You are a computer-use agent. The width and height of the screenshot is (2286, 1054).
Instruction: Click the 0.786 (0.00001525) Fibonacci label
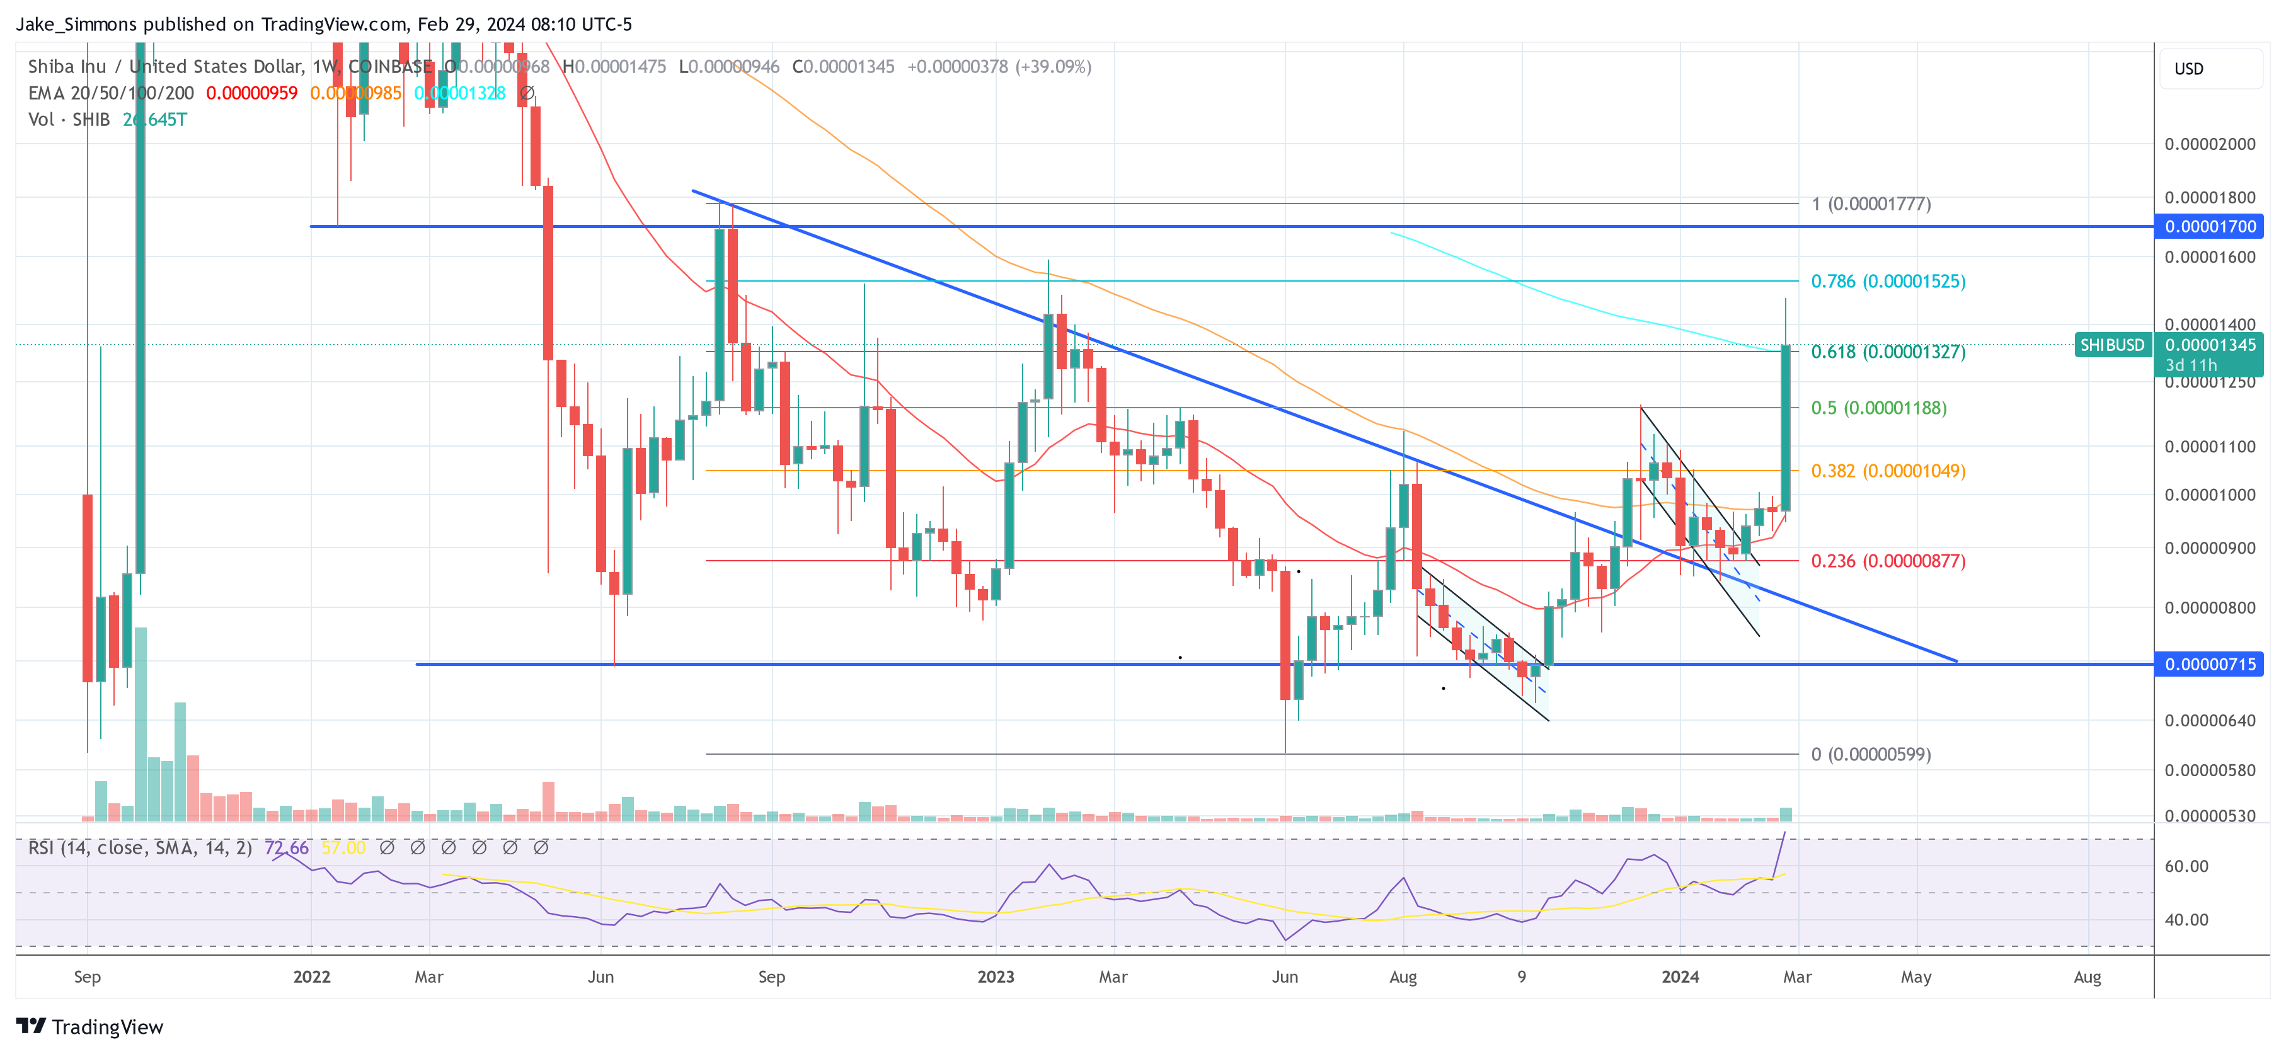1888,281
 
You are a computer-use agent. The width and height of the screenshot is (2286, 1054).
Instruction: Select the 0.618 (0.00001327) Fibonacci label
1888,352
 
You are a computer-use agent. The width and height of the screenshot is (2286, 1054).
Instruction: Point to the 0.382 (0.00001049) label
1888,471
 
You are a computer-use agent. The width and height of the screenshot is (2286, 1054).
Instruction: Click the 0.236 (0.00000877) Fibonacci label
1888,561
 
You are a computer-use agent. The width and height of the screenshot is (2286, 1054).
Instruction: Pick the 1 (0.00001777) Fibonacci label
1871,204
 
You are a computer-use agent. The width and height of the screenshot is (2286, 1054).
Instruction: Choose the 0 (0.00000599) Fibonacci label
1871,755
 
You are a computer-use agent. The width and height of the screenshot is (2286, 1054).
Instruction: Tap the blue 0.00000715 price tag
2210,665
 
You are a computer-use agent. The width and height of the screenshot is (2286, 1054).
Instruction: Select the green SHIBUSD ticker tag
2112,345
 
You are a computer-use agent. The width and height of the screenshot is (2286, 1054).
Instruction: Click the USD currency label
2188,69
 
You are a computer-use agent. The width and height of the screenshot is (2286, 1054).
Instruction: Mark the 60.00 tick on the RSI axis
2186,867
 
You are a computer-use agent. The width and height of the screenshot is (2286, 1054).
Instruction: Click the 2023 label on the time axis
996,977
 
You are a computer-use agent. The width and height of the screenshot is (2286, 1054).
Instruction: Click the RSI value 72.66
287,848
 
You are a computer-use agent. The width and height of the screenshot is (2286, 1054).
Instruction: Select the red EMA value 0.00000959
252,93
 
